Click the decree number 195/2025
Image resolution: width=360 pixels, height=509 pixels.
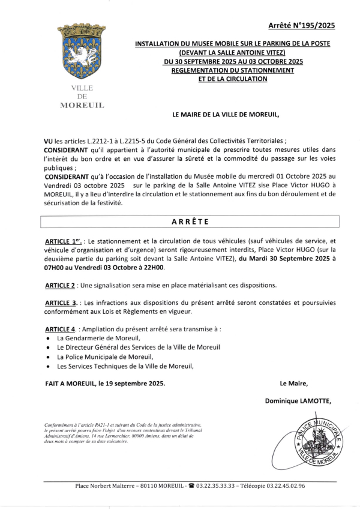[x=302, y=25]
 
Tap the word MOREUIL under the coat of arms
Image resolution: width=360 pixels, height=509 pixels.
[x=82, y=105]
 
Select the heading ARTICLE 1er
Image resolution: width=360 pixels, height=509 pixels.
[x=65, y=240]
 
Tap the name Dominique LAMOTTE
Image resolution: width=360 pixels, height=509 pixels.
[x=298, y=400]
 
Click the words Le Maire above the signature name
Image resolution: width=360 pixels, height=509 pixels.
[x=293, y=382]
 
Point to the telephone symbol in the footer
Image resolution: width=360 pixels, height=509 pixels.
[x=191, y=486]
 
